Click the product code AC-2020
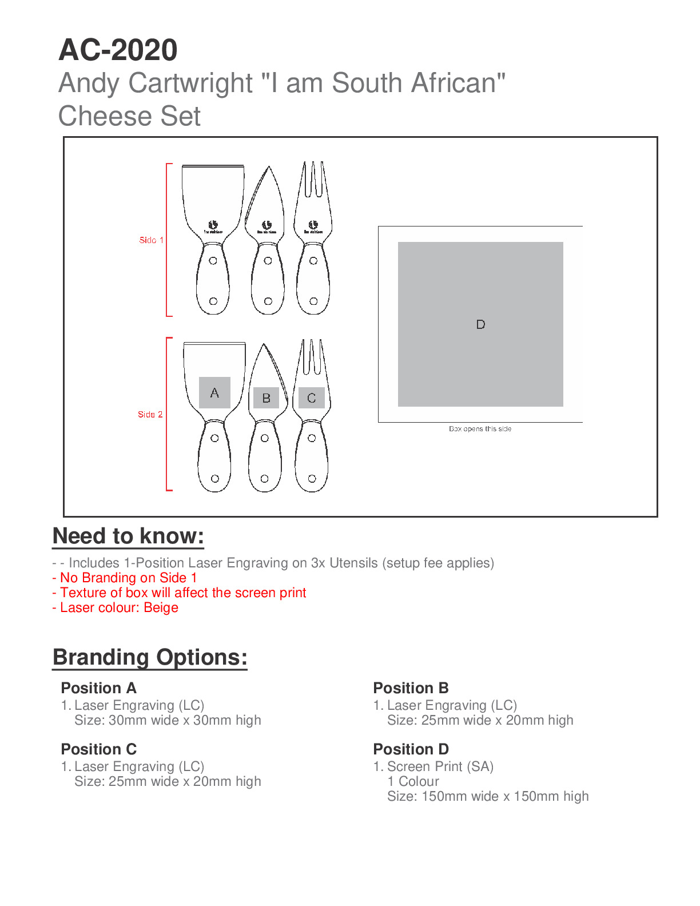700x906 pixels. coord(118,50)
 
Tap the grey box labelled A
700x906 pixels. coord(214,392)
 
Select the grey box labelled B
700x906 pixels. coord(266,398)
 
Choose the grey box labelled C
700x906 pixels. coord(312,398)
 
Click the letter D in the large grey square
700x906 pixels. coord(480,324)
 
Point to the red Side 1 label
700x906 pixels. coord(151,240)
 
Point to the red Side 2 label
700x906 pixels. coord(150,414)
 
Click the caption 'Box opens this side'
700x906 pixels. coord(480,429)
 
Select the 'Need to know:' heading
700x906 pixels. coord(128,536)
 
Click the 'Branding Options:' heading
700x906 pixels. coord(150,657)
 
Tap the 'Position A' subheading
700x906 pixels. coord(98,688)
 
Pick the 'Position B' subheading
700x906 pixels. coord(411,688)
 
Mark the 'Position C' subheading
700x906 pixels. coord(98,749)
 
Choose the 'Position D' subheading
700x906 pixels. coord(411,749)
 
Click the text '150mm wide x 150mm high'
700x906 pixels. coord(504,796)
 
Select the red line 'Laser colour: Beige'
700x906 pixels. coord(119,607)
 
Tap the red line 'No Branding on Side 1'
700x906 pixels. coord(128,578)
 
